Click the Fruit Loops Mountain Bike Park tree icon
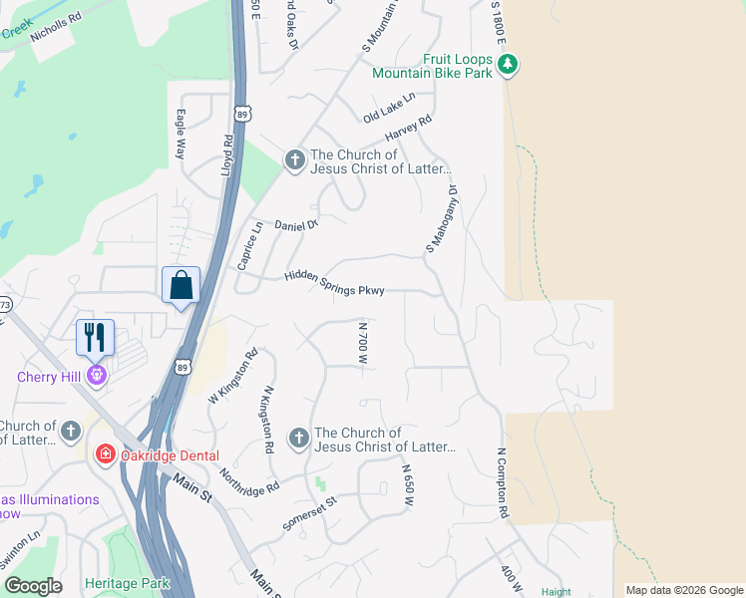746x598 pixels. [509, 65]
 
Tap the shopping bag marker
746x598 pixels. [181, 285]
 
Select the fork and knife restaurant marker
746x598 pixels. [96, 337]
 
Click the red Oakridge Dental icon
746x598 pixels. [104, 454]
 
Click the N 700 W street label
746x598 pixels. [364, 342]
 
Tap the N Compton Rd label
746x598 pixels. [504, 483]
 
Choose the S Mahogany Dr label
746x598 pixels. [441, 217]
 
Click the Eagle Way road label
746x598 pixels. [182, 135]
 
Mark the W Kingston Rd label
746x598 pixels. [233, 376]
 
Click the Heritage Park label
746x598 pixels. [127, 583]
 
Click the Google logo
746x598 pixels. [33, 586]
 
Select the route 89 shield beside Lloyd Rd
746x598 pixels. [241, 112]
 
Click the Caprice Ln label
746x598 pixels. [249, 245]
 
